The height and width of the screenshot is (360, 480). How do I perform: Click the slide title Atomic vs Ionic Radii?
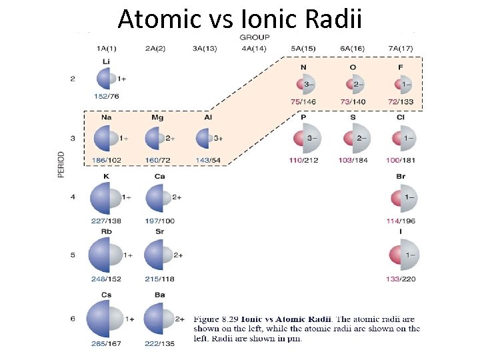point(240,19)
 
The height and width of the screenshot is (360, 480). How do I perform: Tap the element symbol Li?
point(106,62)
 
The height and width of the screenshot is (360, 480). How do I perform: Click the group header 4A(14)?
point(255,48)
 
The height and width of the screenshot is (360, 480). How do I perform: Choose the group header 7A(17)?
point(401,48)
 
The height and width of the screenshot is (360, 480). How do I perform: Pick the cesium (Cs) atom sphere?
point(103,319)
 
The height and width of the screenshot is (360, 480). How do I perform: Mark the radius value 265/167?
point(106,344)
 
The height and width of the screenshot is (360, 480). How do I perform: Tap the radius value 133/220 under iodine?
point(400,279)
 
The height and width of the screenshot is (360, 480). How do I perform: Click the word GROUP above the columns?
point(255,37)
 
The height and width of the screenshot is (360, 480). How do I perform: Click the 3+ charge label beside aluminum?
point(218,138)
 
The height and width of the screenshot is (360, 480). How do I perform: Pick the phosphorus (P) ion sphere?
point(303,138)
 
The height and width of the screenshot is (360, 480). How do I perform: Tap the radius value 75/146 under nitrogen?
point(303,101)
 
